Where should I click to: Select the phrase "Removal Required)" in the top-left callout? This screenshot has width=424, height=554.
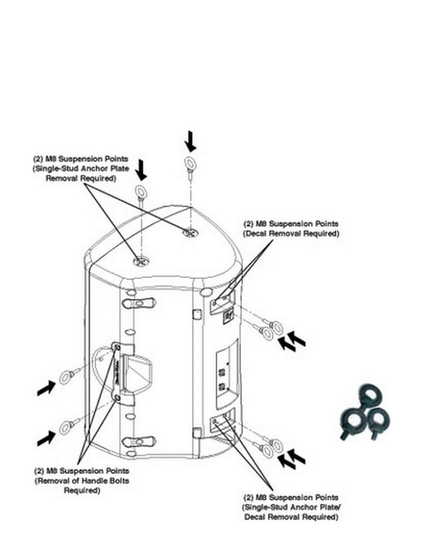(x=81, y=178)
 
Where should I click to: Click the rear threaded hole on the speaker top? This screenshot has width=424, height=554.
(x=190, y=232)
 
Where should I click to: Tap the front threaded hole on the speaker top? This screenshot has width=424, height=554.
(x=141, y=262)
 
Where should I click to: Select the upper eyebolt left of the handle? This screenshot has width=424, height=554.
(x=70, y=375)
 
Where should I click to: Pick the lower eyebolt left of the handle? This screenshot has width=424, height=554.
(x=70, y=426)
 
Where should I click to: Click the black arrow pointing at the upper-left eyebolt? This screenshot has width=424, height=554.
(x=46, y=388)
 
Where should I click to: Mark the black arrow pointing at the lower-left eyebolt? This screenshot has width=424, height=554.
(x=46, y=438)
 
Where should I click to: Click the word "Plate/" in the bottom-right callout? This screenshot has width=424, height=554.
(x=331, y=508)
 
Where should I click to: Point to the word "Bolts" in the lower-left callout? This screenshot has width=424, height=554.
(x=119, y=481)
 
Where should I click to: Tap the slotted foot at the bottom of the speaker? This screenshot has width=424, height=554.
(x=139, y=441)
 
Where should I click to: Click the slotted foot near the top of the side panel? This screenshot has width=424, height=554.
(x=139, y=302)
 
